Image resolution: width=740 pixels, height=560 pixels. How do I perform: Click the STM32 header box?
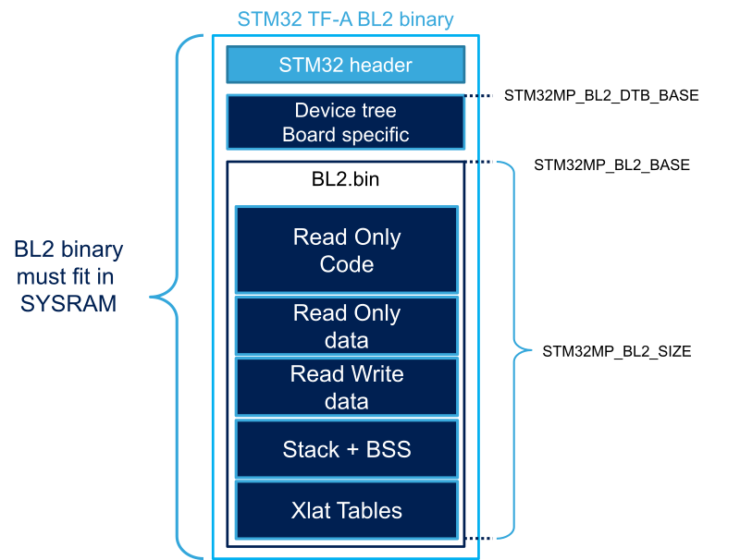point(345,66)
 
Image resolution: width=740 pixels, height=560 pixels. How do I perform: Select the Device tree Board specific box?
point(345,122)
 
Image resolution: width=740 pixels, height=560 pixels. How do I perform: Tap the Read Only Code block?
point(346,250)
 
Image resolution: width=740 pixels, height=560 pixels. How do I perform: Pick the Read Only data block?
point(346,325)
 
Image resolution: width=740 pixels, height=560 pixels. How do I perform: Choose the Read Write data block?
point(346,386)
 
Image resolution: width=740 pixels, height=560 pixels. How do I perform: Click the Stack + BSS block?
point(346,449)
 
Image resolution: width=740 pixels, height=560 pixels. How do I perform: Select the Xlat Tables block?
point(346,510)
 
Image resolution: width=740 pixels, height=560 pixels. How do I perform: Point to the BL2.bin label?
point(345,179)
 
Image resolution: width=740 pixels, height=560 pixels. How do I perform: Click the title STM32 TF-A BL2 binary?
point(345,19)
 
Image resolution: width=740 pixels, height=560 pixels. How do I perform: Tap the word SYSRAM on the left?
point(68,303)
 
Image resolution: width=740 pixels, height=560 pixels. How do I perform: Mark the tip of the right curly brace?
point(531,349)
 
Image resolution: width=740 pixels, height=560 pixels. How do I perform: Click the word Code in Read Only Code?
point(347,264)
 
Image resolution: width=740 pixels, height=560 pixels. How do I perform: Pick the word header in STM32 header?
point(380,66)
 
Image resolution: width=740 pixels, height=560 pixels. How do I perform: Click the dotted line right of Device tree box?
point(480,95)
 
